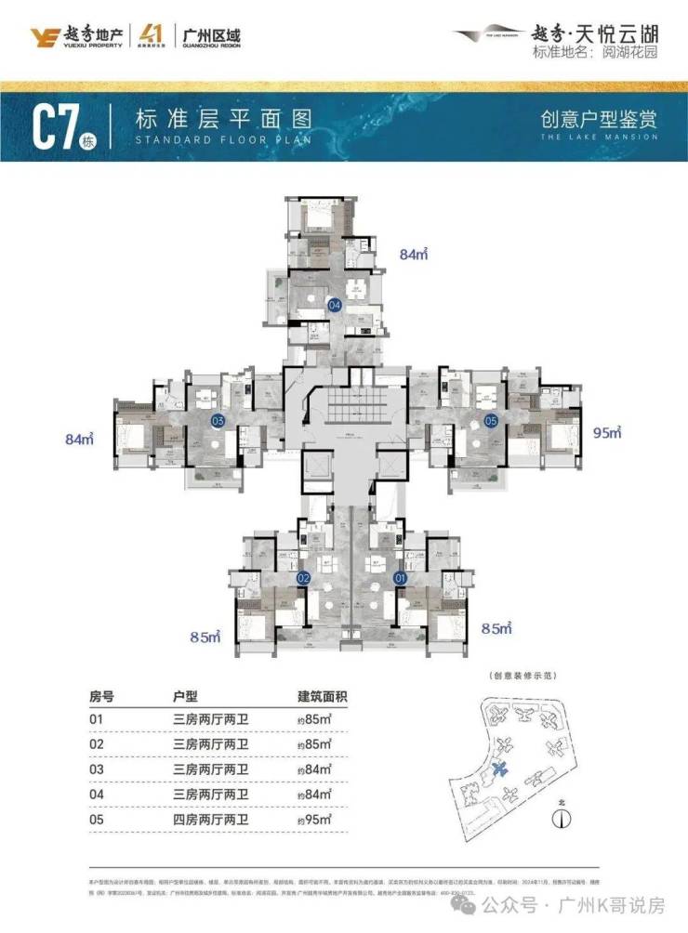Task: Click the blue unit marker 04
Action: tap(334, 304)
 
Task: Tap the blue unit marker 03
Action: tap(218, 421)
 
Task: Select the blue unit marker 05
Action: tap(491, 421)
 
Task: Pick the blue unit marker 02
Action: tap(302, 578)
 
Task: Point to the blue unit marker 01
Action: tap(402, 578)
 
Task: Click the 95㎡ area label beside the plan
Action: tap(607, 432)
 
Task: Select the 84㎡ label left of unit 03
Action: tap(81, 439)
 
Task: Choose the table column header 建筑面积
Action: tap(321, 696)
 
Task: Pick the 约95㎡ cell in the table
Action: tap(313, 821)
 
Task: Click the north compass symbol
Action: tap(560, 819)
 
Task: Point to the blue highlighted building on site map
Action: tap(503, 769)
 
